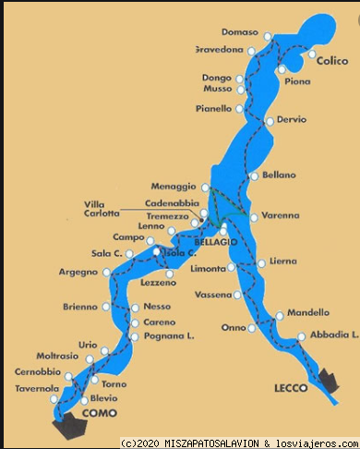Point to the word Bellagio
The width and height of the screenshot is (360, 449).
pyautogui.click(x=217, y=241)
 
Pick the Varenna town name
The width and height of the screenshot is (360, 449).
pyautogui.click(x=281, y=216)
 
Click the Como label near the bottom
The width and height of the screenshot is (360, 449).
pyautogui.click(x=100, y=414)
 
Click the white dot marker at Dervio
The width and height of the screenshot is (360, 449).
pyautogui.click(x=269, y=120)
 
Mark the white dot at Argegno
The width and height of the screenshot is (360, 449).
pyautogui.click(x=107, y=272)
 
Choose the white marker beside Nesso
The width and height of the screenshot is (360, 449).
pyautogui.click(x=137, y=307)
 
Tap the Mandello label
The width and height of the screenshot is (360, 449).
pyautogui.click(x=307, y=312)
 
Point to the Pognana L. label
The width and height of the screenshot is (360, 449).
pyautogui.click(x=169, y=337)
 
